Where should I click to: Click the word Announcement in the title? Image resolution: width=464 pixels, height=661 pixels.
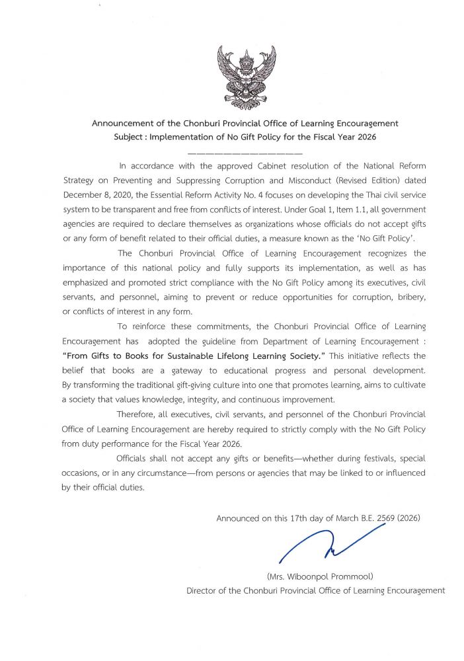tap(123, 124)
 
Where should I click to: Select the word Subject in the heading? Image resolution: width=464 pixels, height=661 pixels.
tap(130, 137)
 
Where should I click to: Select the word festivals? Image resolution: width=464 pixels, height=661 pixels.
tap(363, 459)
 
